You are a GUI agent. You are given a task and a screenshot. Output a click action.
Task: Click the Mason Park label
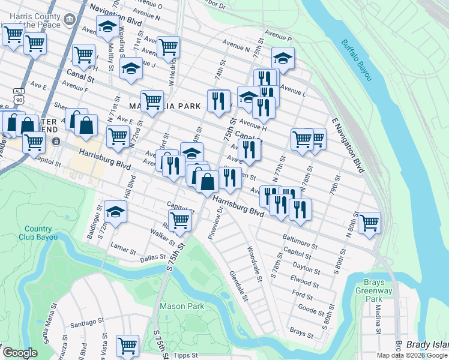(x=182, y=306)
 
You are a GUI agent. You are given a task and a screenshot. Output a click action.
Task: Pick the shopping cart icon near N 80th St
(x=369, y=223)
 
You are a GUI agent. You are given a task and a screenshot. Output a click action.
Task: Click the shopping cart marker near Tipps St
(x=127, y=346)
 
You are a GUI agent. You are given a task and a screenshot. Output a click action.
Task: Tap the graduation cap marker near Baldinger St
(x=115, y=211)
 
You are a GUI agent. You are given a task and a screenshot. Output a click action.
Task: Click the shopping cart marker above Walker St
(x=180, y=220)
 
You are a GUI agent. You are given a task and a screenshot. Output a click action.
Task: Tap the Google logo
(x=20, y=353)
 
